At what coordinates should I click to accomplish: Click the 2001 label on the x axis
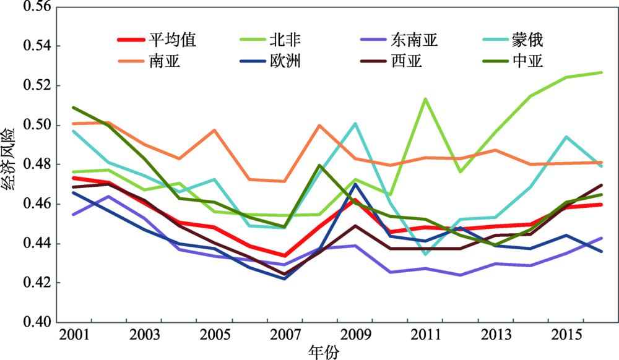(73, 335)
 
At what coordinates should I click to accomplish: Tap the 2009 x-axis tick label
(354, 335)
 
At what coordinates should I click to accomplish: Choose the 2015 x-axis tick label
(566, 335)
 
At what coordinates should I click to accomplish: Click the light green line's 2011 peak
(425, 98)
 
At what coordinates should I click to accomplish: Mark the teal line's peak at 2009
(355, 123)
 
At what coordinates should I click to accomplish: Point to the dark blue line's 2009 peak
(355, 184)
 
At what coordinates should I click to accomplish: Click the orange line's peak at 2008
(319, 126)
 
